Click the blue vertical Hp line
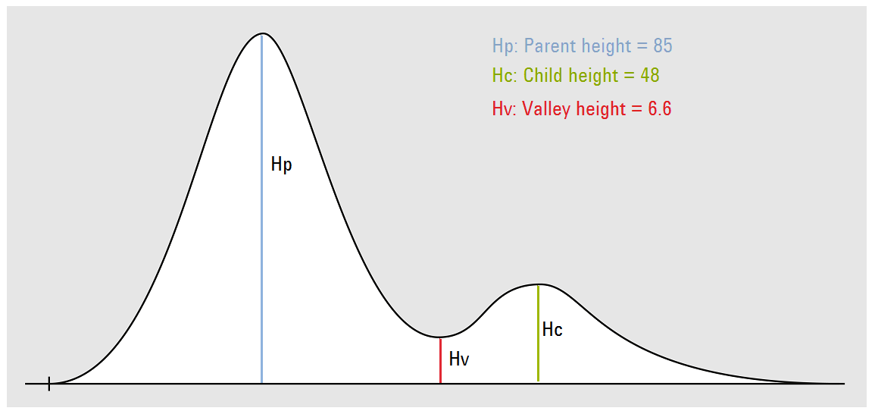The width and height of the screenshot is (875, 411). point(261,209)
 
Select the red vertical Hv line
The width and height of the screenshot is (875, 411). point(440,361)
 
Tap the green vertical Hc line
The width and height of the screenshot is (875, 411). point(538,334)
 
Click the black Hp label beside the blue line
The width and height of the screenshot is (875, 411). point(281,165)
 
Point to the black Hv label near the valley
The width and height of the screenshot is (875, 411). point(458,359)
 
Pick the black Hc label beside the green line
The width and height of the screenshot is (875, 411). point(552,330)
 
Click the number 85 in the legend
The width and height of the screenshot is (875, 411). point(663,45)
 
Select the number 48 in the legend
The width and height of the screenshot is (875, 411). point(650,75)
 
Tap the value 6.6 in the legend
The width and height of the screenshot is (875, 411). point(659,108)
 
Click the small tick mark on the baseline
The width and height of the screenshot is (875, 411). point(49,384)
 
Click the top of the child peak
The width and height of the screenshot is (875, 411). point(537,285)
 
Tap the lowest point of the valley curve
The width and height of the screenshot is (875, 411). point(440,337)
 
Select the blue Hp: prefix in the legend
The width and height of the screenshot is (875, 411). point(505,46)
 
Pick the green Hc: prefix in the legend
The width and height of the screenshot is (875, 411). point(505,75)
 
